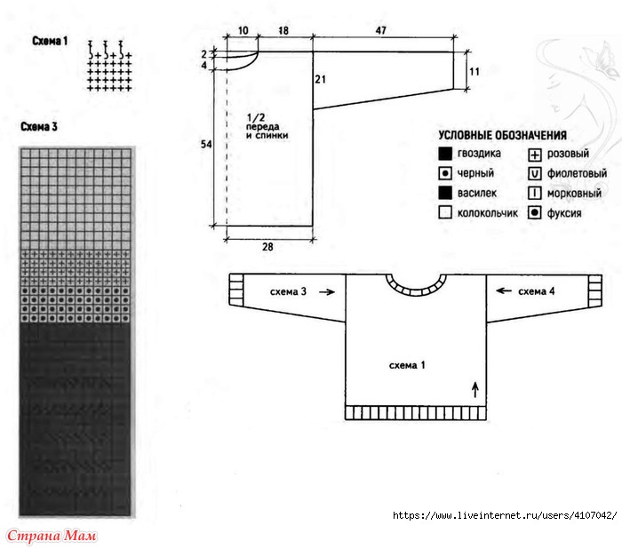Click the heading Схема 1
50,41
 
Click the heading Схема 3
40,127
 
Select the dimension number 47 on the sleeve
380,30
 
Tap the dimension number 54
205,144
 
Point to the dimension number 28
267,247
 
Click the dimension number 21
321,80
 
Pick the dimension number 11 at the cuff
474,71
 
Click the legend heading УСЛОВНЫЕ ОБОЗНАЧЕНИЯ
502,135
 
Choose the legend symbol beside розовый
534,154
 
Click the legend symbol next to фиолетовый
534,173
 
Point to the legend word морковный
575,193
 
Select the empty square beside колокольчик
444,212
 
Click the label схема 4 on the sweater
536,291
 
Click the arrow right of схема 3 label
328,291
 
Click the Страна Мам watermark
51,536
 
